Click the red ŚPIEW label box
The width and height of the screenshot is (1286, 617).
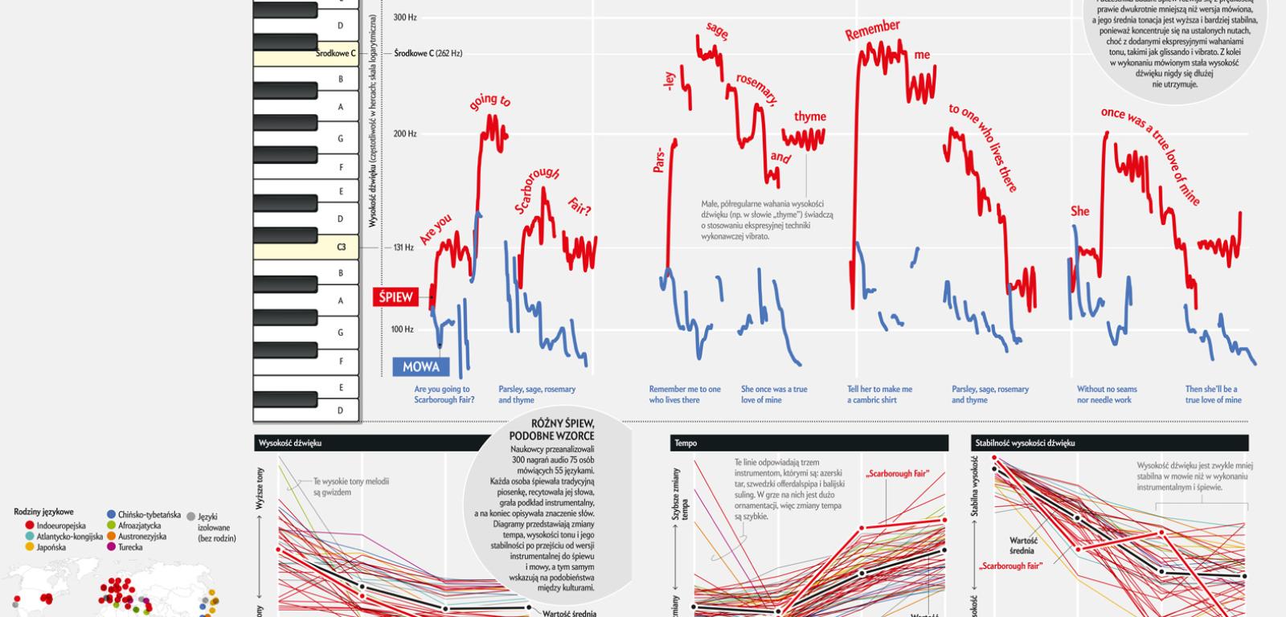tap(396, 297)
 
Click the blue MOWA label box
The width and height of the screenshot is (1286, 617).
tap(421, 367)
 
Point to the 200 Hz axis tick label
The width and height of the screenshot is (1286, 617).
tap(405, 134)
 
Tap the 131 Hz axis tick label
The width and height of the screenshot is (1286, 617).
tap(403, 247)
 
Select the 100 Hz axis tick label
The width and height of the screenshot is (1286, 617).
tap(403, 329)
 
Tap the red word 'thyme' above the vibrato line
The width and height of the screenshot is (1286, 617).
tap(809, 116)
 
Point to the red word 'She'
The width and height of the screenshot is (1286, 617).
tap(1079, 211)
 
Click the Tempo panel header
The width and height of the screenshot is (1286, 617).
tap(686, 443)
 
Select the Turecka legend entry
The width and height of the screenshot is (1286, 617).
tap(129, 547)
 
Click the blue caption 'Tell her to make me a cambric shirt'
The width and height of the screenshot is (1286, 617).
tap(879, 394)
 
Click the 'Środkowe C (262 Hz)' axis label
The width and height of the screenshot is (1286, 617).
tap(428, 54)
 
